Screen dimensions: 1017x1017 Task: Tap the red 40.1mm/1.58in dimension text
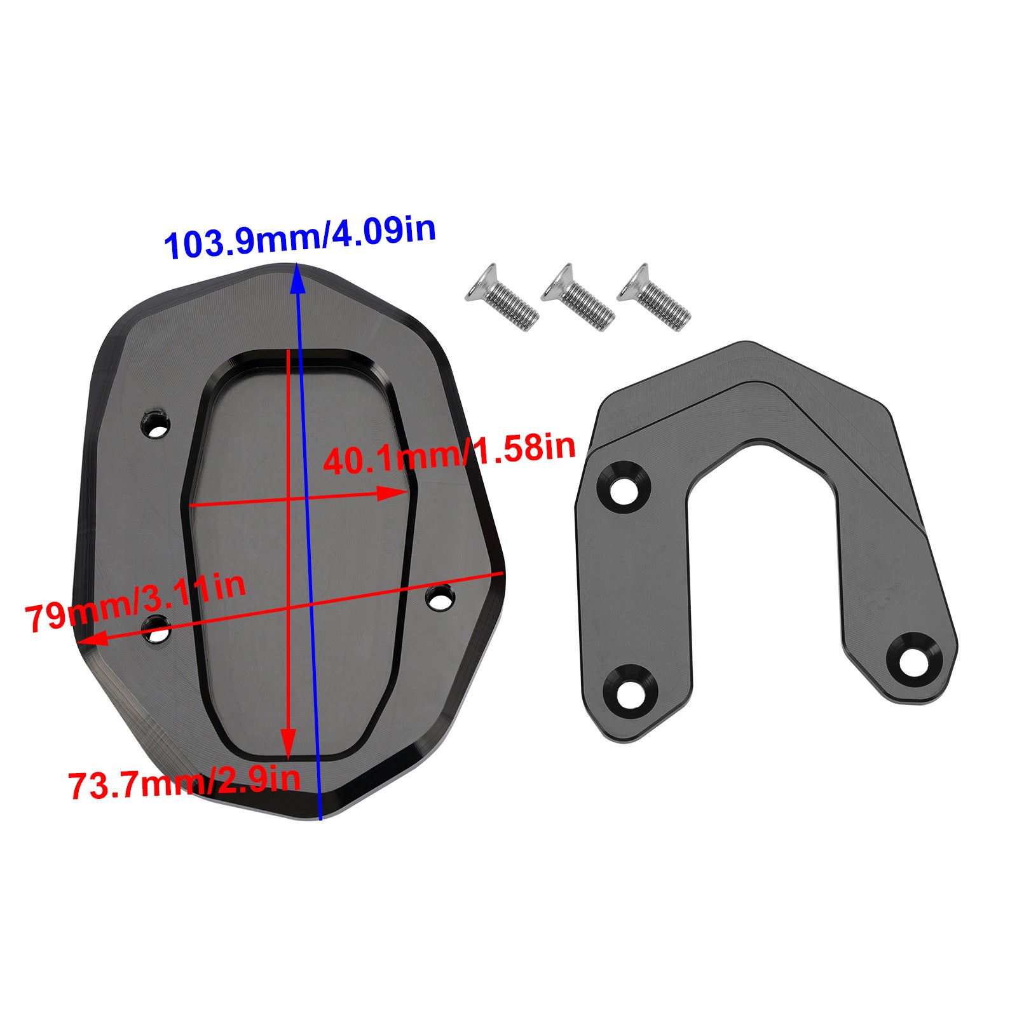tap(449, 453)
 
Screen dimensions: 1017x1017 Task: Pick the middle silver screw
tap(577, 297)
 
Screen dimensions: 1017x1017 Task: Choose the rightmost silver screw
tap(653, 297)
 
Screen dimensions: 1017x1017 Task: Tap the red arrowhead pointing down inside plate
tap(289, 744)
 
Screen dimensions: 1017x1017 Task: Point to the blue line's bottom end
tap(320, 818)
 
